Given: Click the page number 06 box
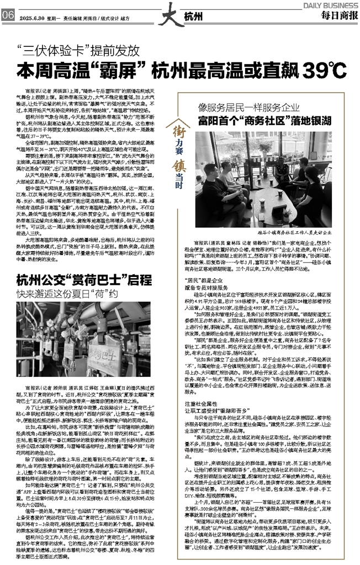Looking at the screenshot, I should click(x=8, y=17).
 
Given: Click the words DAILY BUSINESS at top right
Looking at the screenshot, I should click(x=331, y=5).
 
